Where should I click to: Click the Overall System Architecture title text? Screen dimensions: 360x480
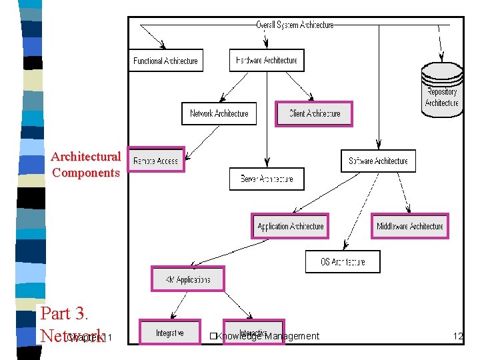pos(295,25)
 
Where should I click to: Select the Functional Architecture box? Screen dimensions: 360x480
pos(165,61)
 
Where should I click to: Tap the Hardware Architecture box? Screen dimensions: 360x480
pos(267,61)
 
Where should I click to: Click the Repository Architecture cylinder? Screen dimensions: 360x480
pos(442,91)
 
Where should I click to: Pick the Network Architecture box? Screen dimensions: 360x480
pos(219,113)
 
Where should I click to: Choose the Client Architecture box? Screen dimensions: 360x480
pos(314,113)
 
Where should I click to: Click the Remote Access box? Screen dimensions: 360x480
pos(156,161)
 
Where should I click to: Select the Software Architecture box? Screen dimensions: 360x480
pos(378,161)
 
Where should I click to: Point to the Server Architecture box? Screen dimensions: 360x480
pos(267,179)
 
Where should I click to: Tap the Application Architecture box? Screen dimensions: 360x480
pos(290,226)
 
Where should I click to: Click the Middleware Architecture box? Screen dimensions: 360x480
pos(409,226)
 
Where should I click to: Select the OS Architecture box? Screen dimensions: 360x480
pos(343,261)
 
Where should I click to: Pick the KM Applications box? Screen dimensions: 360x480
pos(188,279)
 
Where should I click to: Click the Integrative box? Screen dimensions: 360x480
pos(169,332)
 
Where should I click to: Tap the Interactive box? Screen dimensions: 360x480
pos(253,332)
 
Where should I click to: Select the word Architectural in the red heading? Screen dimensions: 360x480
pos(85,157)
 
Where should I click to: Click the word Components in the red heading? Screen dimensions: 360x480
pos(85,173)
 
